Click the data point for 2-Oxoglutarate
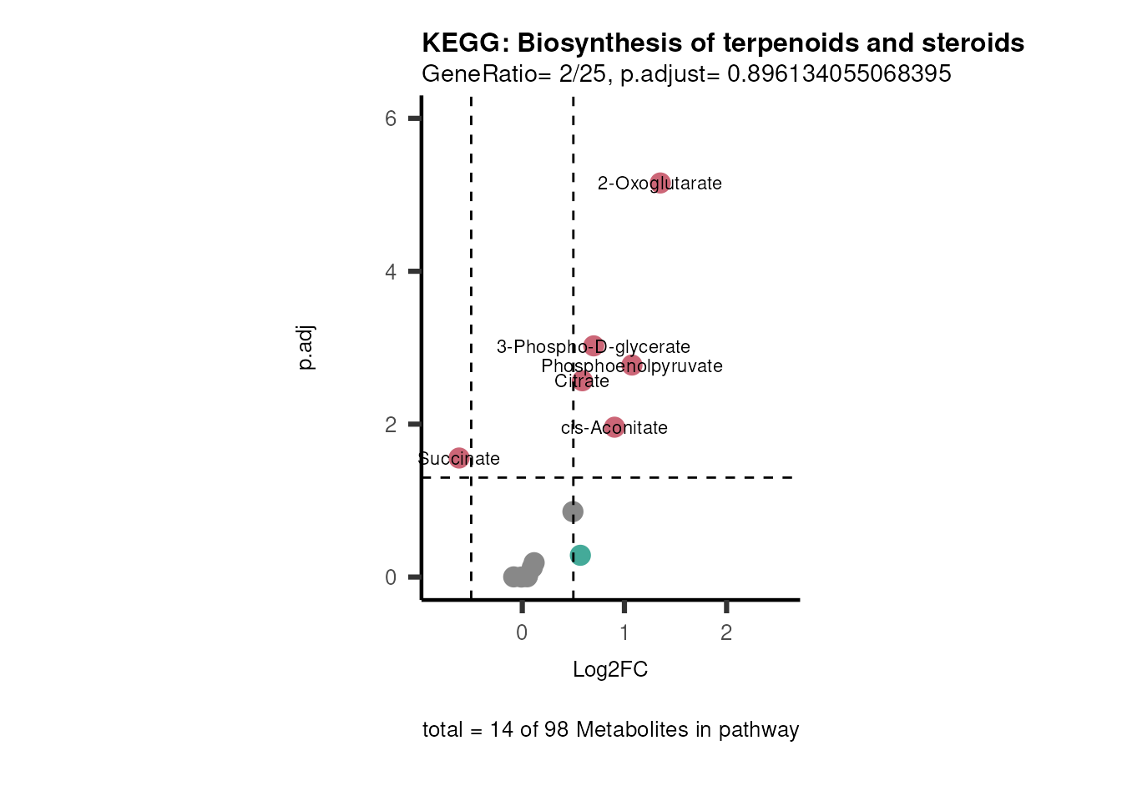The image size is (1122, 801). (660, 183)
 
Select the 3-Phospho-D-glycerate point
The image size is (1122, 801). (594, 345)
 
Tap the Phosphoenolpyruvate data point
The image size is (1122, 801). (632, 365)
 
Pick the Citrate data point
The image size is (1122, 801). (582, 380)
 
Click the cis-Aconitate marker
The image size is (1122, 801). (614, 427)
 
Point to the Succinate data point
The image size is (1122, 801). (459, 457)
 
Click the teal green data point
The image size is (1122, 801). (580, 555)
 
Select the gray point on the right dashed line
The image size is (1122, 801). (573, 511)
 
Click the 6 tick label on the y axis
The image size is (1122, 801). (391, 119)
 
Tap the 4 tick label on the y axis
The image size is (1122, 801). (391, 272)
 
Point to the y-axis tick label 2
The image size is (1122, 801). (391, 425)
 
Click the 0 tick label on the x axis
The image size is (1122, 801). (522, 633)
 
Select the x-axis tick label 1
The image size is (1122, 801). (624, 633)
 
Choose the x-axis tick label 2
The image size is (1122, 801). (726, 633)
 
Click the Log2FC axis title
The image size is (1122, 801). (610, 670)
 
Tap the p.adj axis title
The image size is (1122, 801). (306, 348)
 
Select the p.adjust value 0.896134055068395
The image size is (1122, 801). (839, 74)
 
